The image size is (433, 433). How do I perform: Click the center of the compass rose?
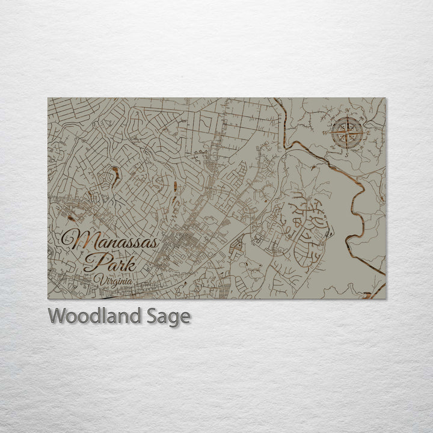(x=345, y=132)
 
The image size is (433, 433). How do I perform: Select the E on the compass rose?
(x=368, y=134)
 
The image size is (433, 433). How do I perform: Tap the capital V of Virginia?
(x=98, y=279)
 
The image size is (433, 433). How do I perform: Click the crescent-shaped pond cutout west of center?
(x=114, y=177)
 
